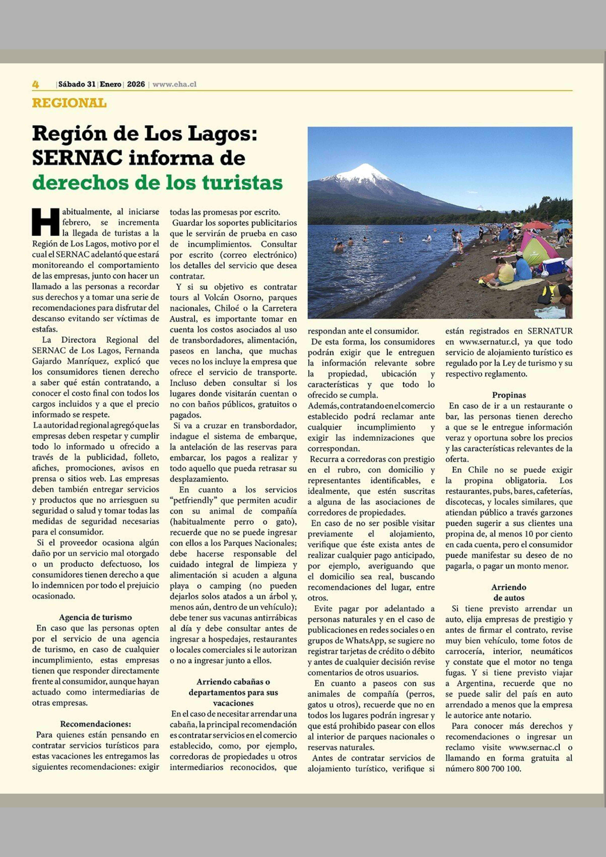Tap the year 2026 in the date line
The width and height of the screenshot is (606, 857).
click(136, 84)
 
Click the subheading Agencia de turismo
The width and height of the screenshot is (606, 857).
click(95, 617)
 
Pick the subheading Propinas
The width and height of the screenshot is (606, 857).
click(509, 395)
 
